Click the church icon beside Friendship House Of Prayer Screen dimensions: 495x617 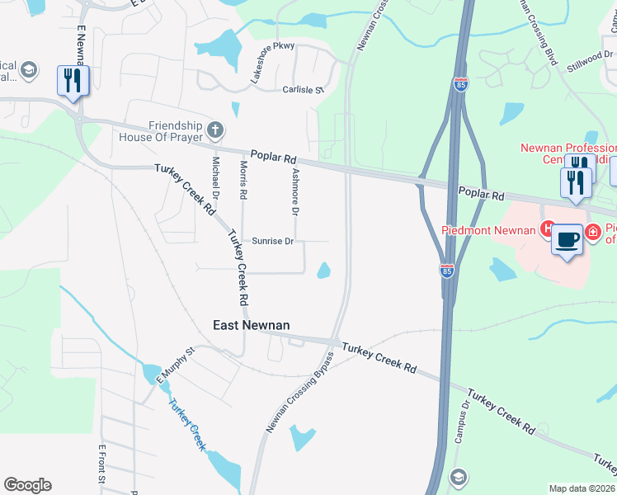pyautogui.click(x=214, y=129)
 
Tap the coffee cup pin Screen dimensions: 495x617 pyautogui.click(x=567, y=239)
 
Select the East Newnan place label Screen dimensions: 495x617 pyautogui.click(x=252, y=325)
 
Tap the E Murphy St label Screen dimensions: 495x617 pyautogui.click(x=174, y=365)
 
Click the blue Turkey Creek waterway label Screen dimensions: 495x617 pyautogui.click(x=186, y=424)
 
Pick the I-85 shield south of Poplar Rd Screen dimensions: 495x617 pyautogui.click(x=446, y=270)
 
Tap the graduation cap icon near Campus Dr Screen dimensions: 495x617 pyautogui.click(x=458, y=477)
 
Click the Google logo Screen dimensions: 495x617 pyautogui.click(x=28, y=485)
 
